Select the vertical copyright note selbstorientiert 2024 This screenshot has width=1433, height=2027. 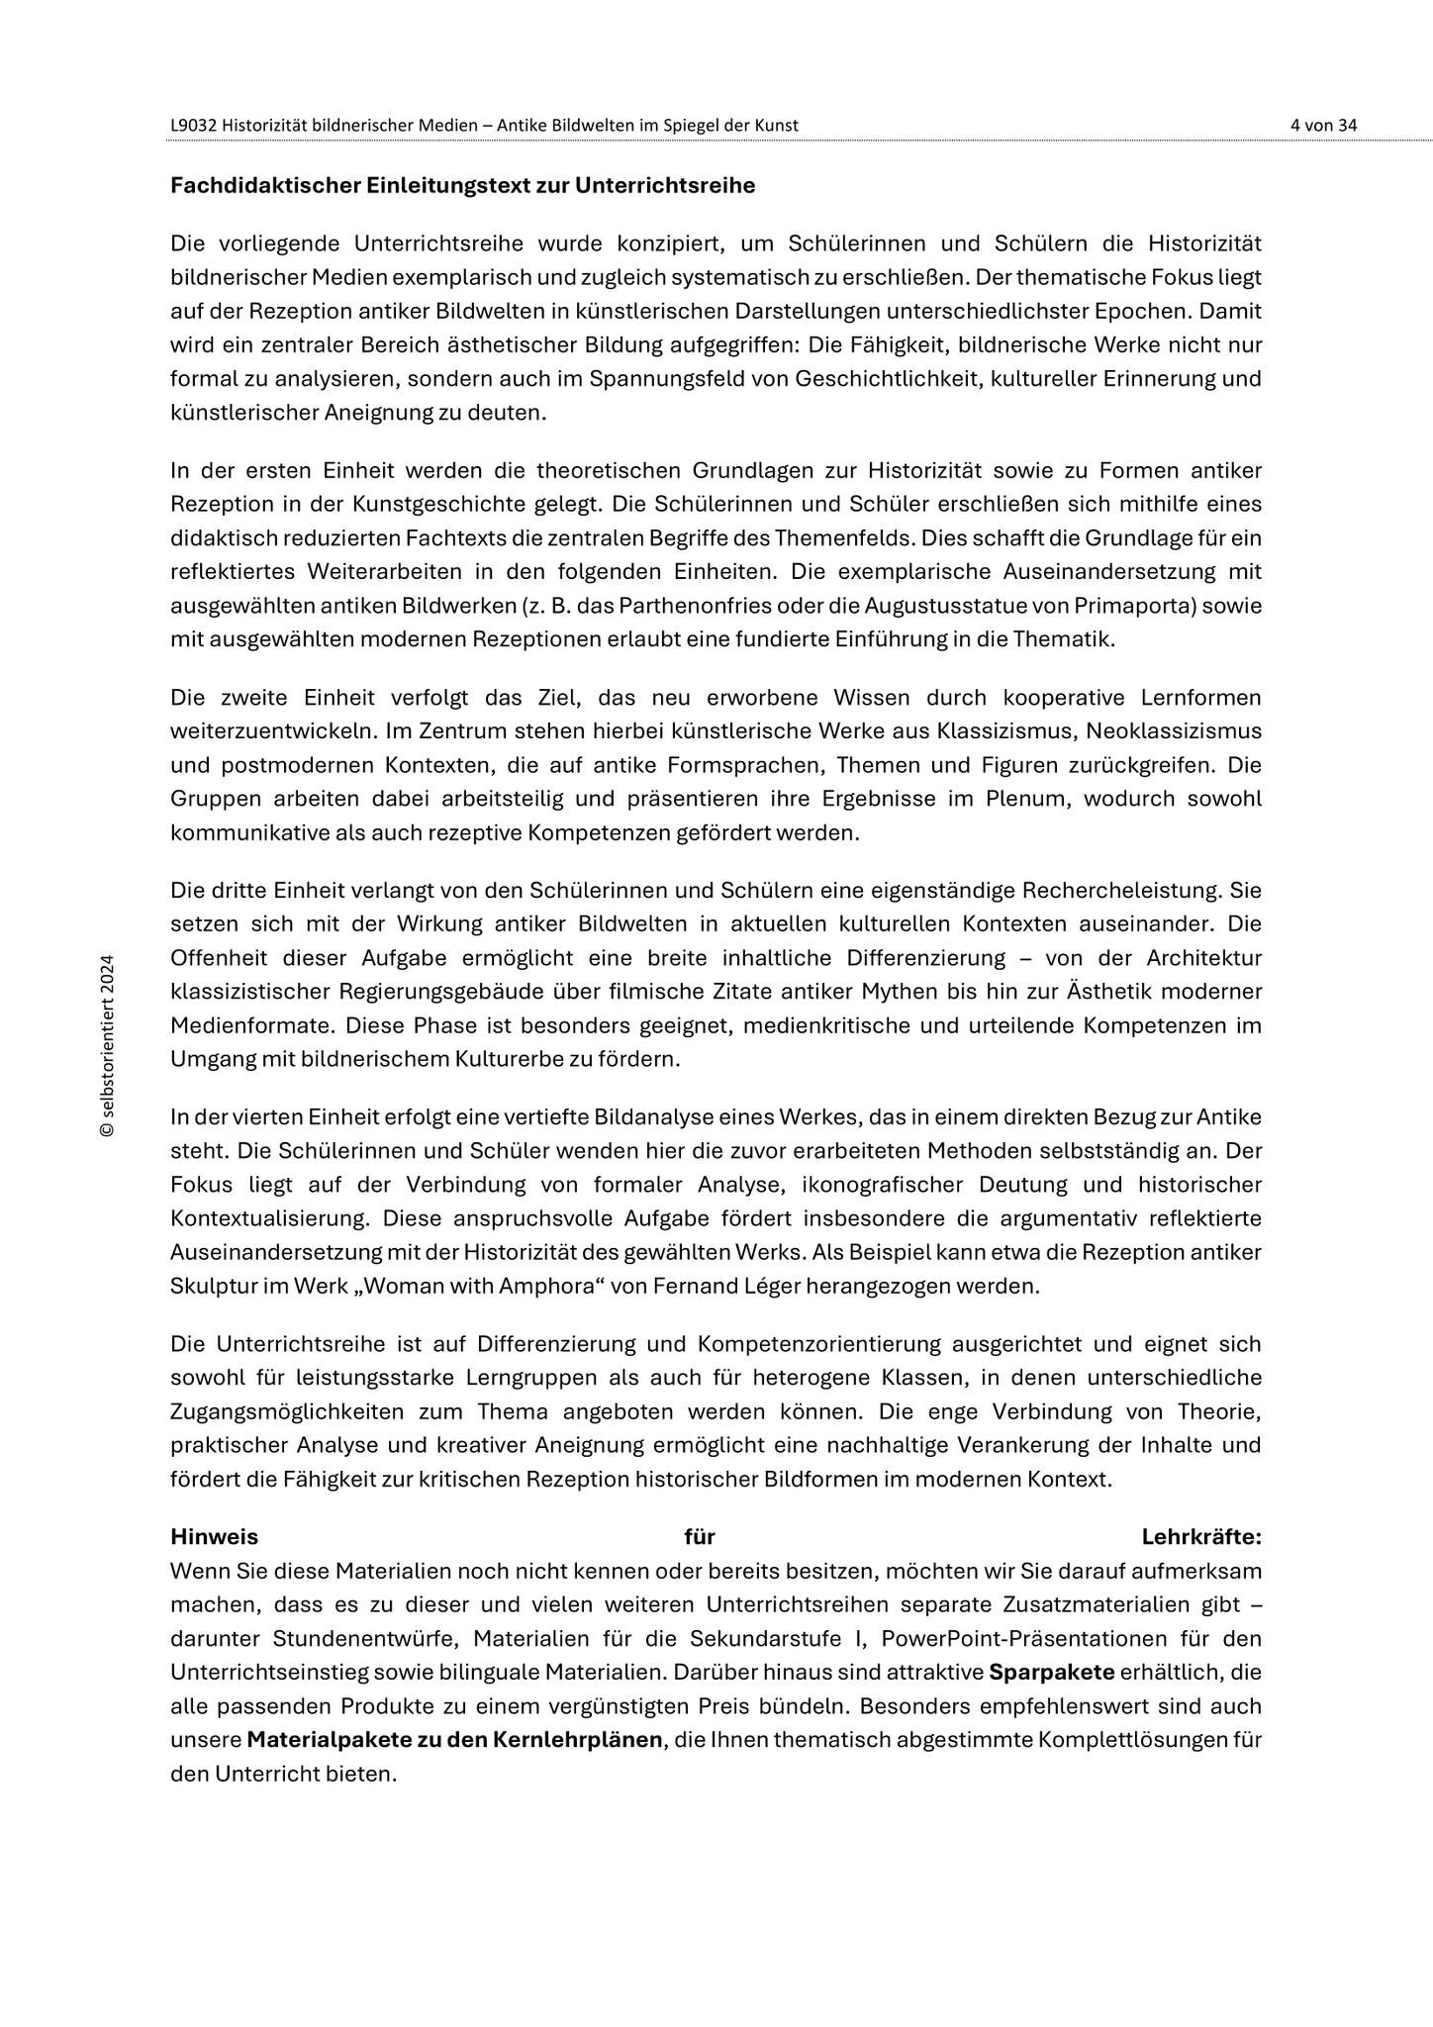108,1045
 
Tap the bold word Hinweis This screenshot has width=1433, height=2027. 214,1537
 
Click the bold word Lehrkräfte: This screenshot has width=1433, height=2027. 1201,1537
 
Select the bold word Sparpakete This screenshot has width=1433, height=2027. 1052,1673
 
